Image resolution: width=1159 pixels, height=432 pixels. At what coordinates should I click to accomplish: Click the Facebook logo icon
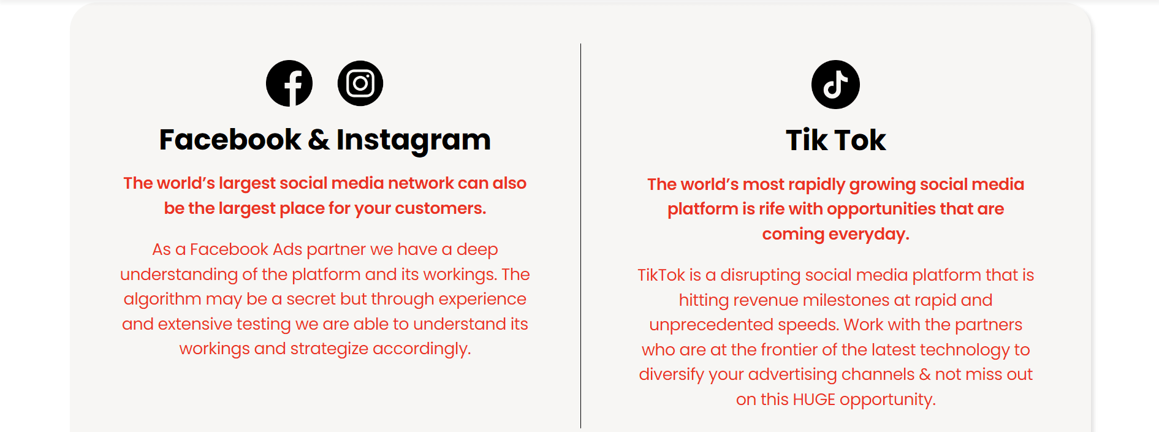point(289,83)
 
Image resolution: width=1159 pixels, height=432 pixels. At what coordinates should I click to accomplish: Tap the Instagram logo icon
point(360,83)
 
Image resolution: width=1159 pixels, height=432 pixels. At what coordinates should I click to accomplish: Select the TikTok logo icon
point(835,85)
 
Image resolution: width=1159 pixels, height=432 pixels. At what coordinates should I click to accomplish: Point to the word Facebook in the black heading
point(230,140)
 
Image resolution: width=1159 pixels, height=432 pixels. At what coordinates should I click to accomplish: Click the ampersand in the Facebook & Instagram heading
point(319,140)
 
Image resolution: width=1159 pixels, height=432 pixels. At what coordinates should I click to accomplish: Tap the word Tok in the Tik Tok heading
point(861,140)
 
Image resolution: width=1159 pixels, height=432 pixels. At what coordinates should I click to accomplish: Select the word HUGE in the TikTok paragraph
point(814,400)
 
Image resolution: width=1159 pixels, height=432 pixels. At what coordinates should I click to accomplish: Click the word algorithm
point(162,300)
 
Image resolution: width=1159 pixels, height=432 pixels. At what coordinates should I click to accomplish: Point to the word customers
point(441,208)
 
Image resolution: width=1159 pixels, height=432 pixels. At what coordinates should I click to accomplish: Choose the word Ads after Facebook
point(287,249)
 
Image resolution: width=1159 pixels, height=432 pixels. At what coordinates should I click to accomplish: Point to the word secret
point(311,299)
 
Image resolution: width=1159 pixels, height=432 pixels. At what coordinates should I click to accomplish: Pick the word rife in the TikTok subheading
point(772,209)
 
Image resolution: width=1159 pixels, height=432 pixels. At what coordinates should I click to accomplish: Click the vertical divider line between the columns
point(580,236)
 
